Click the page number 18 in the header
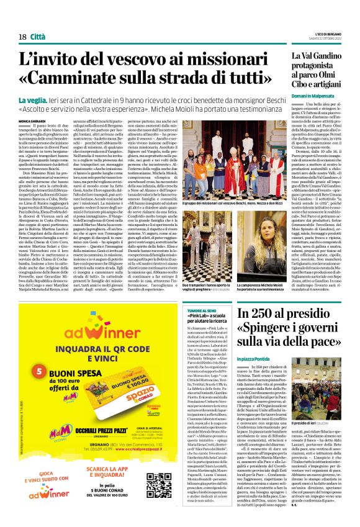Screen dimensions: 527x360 pyautogui.click(x=22, y=37)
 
